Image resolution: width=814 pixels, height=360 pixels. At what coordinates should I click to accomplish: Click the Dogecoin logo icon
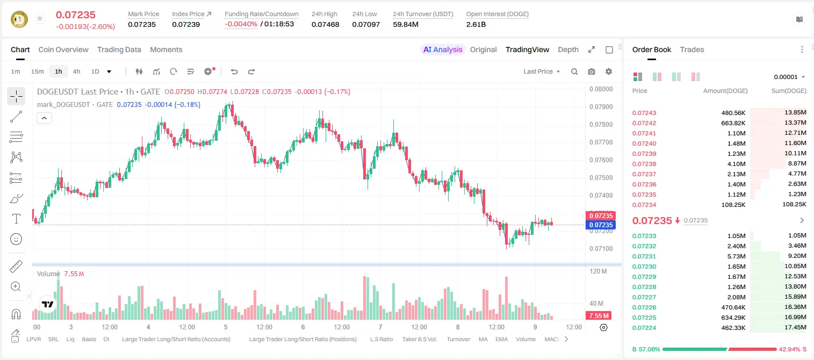click(x=19, y=19)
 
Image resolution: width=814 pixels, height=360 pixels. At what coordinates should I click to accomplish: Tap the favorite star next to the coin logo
click(x=40, y=18)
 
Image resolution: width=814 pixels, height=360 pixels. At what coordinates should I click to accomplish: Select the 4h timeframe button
click(x=76, y=71)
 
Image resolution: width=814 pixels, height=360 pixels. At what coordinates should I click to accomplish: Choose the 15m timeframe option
click(x=38, y=71)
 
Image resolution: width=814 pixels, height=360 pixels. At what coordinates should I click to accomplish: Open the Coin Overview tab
click(x=63, y=50)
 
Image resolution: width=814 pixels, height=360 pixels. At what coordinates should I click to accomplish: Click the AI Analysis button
click(x=443, y=50)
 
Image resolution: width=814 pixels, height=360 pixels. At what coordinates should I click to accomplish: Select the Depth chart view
click(x=568, y=50)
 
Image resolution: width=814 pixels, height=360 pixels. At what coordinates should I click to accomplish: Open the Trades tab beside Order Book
click(x=692, y=50)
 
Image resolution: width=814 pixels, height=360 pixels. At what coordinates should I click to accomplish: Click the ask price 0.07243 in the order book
click(x=644, y=113)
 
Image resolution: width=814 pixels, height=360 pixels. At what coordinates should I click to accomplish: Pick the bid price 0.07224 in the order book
click(x=644, y=328)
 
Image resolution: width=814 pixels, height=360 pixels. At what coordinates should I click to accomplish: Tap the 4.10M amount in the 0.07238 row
click(x=736, y=164)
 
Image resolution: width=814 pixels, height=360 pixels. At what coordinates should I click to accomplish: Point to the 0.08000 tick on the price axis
click(x=601, y=89)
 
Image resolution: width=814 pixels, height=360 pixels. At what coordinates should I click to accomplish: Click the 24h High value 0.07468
click(x=325, y=25)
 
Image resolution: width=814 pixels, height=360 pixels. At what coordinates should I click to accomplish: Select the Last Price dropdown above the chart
click(x=542, y=71)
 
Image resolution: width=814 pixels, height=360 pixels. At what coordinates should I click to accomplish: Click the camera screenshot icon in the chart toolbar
click(x=592, y=71)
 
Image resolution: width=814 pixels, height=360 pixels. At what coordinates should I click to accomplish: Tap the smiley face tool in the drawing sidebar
click(x=16, y=239)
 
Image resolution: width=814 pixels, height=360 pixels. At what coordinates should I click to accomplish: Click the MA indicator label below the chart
click(x=483, y=339)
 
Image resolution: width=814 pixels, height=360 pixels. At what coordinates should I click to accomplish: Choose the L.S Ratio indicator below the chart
click(x=381, y=339)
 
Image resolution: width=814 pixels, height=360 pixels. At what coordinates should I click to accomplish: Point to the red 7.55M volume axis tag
click(x=599, y=316)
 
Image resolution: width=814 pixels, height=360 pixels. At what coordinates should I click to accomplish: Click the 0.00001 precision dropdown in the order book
click(x=789, y=77)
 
